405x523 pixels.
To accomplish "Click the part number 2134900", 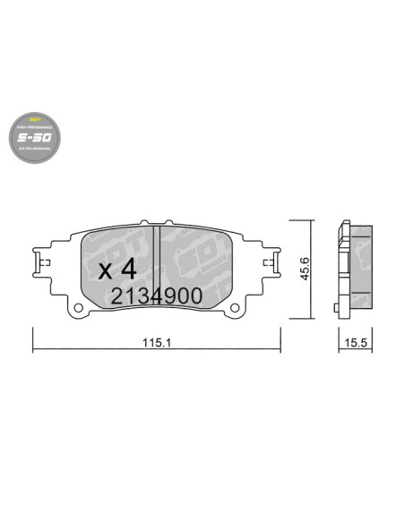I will click(157, 296).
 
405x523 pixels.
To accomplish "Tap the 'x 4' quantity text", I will click(116, 268).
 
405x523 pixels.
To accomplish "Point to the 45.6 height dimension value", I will click(305, 268).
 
